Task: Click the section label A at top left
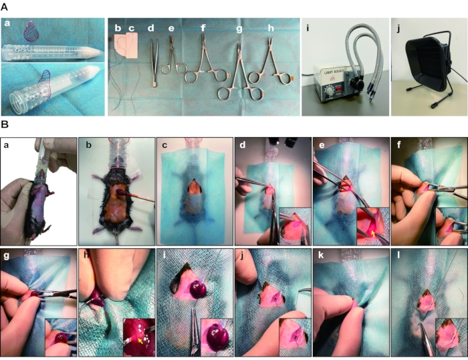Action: (x=4, y=7)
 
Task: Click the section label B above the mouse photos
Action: (x=4, y=124)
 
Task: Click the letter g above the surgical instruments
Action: (x=239, y=29)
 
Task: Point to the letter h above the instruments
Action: (x=271, y=27)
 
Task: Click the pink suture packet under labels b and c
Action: (x=126, y=46)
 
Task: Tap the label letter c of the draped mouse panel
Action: (x=164, y=145)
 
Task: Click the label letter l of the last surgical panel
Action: (x=398, y=256)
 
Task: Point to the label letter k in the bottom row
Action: (x=321, y=256)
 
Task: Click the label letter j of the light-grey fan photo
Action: (x=398, y=29)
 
